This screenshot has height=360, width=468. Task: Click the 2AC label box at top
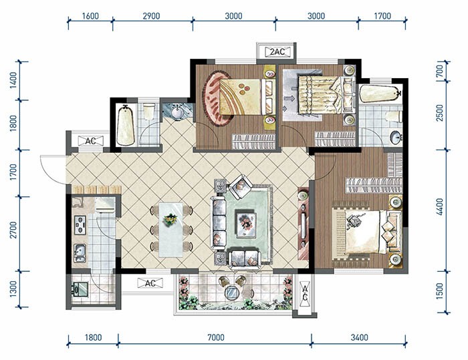tap(277, 52)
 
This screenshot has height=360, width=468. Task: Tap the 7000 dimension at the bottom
tap(215, 337)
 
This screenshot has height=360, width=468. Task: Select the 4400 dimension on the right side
tap(439, 206)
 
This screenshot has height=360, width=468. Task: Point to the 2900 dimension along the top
tap(151, 16)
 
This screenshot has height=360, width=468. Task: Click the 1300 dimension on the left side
tap(13, 289)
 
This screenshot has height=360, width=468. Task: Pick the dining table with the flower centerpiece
tap(170, 230)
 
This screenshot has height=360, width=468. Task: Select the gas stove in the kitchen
tap(80, 224)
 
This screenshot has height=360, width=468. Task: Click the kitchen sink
tap(80, 253)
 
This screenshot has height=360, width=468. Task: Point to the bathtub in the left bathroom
tap(126, 125)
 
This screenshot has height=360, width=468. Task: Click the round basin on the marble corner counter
tap(178, 112)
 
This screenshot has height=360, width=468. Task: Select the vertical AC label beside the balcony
tap(305, 293)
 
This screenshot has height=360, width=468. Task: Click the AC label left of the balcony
tap(150, 283)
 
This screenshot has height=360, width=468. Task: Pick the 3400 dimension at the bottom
tap(359, 337)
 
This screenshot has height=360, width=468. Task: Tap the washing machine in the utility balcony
tap(80, 289)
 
